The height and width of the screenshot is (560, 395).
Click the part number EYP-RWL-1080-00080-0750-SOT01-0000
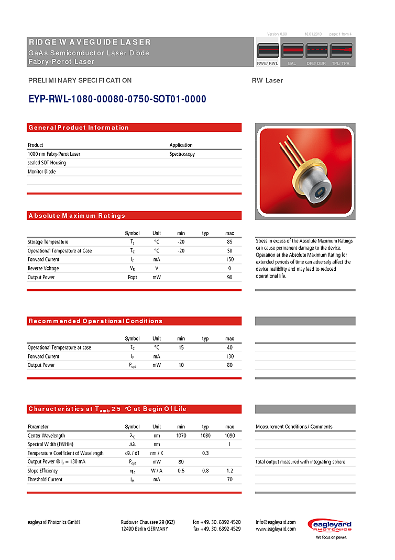click(117, 99)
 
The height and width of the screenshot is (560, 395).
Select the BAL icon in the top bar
click(291, 51)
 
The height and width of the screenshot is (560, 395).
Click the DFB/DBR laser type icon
click(316, 51)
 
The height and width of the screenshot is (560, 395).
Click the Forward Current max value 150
click(229, 260)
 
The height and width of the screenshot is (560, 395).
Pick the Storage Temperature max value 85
click(229, 242)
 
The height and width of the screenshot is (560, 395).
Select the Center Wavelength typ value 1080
click(205, 436)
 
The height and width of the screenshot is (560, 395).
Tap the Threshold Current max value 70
click(229, 480)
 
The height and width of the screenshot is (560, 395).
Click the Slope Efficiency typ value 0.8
click(205, 471)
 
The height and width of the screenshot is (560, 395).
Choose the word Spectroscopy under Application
click(182, 154)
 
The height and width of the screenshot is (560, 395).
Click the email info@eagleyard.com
click(276, 522)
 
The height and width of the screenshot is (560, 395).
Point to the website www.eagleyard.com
click(276, 529)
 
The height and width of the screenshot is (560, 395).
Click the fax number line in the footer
click(217, 529)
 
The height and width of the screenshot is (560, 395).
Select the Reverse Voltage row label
click(43, 269)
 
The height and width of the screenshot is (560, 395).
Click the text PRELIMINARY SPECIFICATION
click(80, 81)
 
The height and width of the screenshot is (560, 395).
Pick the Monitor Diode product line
click(41, 172)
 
